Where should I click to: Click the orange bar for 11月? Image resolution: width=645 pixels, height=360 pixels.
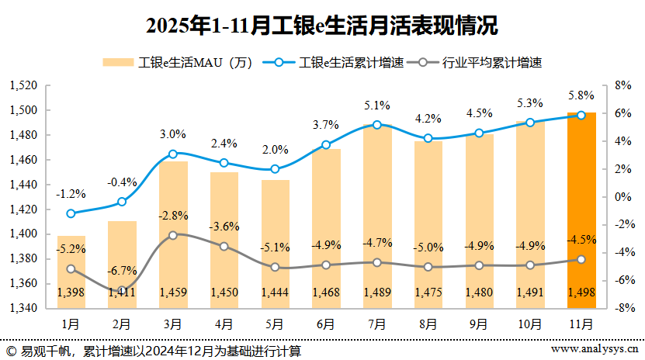pyautogui.click(x=581, y=209)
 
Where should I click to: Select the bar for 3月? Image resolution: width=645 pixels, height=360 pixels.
pyautogui.click(x=173, y=233)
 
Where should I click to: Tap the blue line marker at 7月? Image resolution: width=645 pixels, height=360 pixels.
pyautogui.click(x=377, y=125)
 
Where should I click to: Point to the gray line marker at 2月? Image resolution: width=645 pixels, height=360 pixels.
pyautogui.click(x=122, y=290)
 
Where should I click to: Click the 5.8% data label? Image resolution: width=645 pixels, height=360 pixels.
pyautogui.click(x=581, y=95)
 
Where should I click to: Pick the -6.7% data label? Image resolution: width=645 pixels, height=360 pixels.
pyautogui.click(x=122, y=271)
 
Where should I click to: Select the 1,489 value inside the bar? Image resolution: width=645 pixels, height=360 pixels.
pyautogui.click(x=377, y=292)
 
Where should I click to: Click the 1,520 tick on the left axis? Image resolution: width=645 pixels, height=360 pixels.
pyautogui.click(x=25, y=85)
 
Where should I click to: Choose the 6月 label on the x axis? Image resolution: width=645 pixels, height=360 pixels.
pyautogui.click(x=326, y=323)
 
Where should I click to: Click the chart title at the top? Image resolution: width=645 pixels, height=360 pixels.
pyautogui.click(x=322, y=26)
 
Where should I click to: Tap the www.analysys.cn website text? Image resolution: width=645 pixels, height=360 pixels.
pyautogui.click(x=595, y=350)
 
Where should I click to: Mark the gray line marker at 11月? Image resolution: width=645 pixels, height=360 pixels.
pyautogui.click(x=581, y=260)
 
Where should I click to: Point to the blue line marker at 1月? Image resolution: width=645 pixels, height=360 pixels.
pyautogui.click(x=71, y=213)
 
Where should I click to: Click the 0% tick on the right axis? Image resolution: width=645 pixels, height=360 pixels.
pyautogui.click(x=622, y=197)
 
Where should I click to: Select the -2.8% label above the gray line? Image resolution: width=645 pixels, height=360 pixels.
pyautogui.click(x=173, y=215)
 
